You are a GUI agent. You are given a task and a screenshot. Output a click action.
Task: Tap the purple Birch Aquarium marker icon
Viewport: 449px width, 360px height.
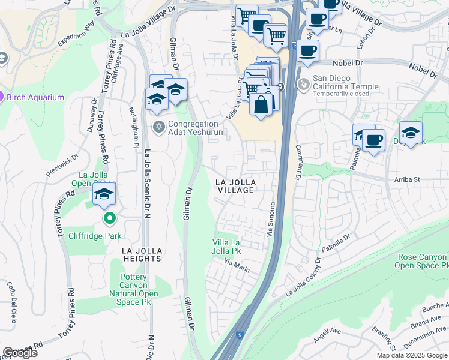2,97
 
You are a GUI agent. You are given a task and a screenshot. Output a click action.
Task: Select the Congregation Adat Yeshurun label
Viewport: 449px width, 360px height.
196,129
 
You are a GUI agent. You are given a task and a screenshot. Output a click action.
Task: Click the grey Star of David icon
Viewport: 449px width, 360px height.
159,126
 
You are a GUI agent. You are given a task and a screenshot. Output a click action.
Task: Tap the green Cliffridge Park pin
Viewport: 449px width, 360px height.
109,218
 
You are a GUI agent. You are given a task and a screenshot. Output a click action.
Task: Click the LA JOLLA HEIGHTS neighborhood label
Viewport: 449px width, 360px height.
142,254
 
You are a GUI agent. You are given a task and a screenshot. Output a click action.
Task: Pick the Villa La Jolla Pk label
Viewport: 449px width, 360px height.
227,247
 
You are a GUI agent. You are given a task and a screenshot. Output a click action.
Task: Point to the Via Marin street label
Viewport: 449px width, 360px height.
236,266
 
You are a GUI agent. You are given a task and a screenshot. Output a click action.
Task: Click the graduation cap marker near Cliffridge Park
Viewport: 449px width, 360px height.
104,193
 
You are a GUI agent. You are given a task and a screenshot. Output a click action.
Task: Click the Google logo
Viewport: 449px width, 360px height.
20,353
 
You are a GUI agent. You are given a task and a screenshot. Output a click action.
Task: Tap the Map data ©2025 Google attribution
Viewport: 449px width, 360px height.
412,355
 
